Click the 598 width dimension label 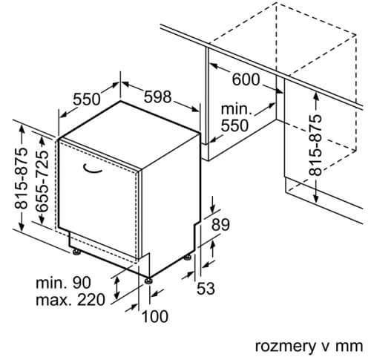pyautogui.click(x=157, y=96)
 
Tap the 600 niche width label pyautogui.click(x=246, y=79)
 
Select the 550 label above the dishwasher pyautogui.click(x=87, y=99)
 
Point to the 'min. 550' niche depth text pyautogui.click(x=235, y=117)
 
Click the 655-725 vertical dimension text pyautogui.click(x=42, y=181)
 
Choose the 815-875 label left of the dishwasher pyautogui.click(x=21, y=178)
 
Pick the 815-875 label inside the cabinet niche pyautogui.click(x=315, y=145)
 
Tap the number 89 pyautogui.click(x=220, y=225)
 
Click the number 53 pyautogui.click(x=206, y=288)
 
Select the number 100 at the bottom pyautogui.click(x=155, y=316)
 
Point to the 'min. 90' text pyautogui.click(x=63, y=283)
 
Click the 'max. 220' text pyautogui.click(x=70, y=300)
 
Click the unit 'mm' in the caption pyautogui.click(x=351, y=346)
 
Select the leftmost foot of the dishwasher pyautogui.click(x=76, y=252)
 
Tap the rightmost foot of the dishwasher pyautogui.click(x=187, y=257)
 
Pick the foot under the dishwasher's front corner pyautogui.click(x=148, y=281)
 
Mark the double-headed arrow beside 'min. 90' pyautogui.click(x=117, y=288)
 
